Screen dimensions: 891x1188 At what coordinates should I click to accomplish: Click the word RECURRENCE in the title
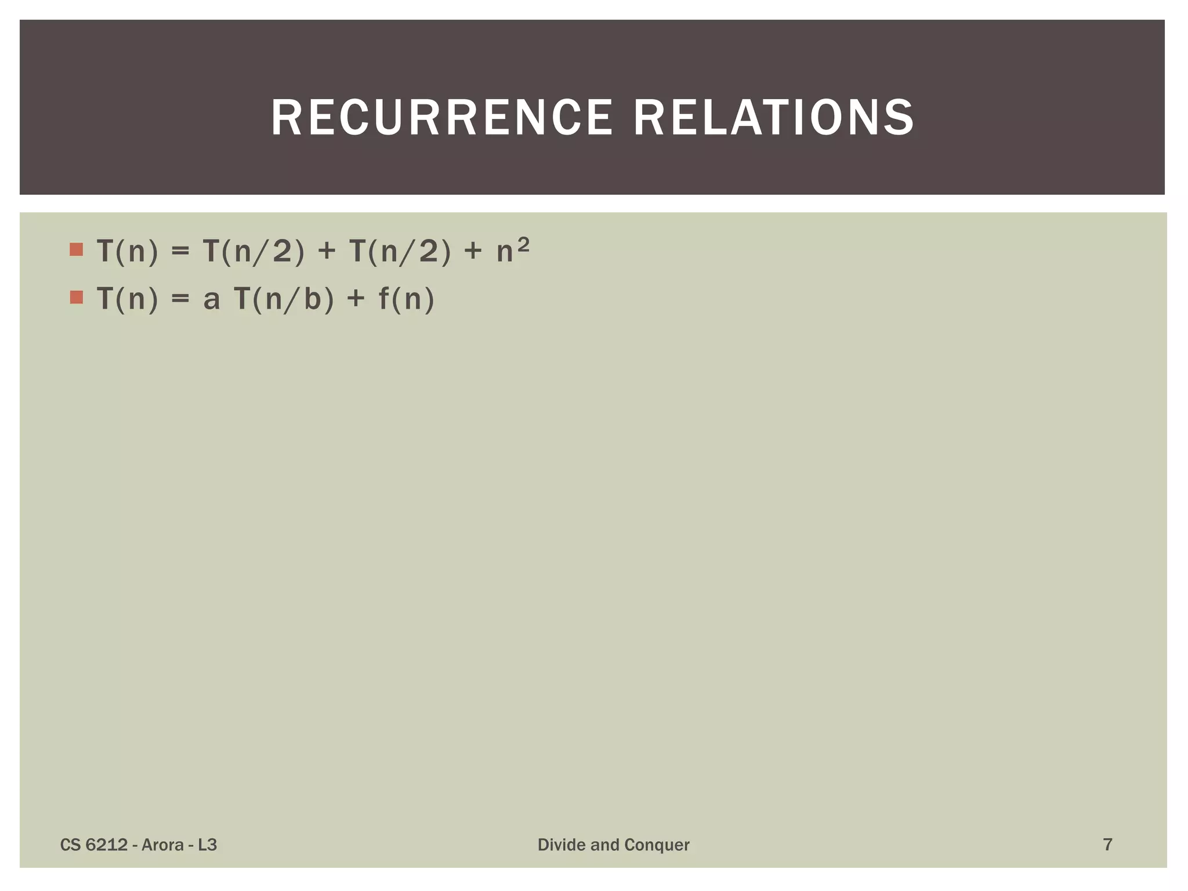point(441,118)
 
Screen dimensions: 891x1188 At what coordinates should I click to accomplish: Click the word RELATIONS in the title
point(774,118)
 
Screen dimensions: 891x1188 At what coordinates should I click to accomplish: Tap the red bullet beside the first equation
point(76,250)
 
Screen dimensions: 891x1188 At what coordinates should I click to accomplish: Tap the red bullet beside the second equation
point(76,298)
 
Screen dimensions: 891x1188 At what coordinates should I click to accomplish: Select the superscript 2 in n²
point(523,245)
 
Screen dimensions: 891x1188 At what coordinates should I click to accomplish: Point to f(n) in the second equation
point(406,300)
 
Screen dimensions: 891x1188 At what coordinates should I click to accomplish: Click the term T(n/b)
point(284,300)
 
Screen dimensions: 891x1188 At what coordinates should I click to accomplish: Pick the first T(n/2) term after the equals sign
point(253,252)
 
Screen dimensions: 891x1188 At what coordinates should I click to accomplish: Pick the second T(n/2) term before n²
point(400,252)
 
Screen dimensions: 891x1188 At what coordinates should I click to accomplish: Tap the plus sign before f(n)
point(356,300)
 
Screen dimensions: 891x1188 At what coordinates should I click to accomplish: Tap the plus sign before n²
point(473,252)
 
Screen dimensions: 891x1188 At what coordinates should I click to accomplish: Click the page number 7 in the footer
point(1107,845)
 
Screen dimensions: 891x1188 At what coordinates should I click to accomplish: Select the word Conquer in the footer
point(657,845)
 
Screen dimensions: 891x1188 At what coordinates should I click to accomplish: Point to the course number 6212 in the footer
point(106,845)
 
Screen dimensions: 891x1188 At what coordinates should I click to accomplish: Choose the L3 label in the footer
point(207,845)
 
